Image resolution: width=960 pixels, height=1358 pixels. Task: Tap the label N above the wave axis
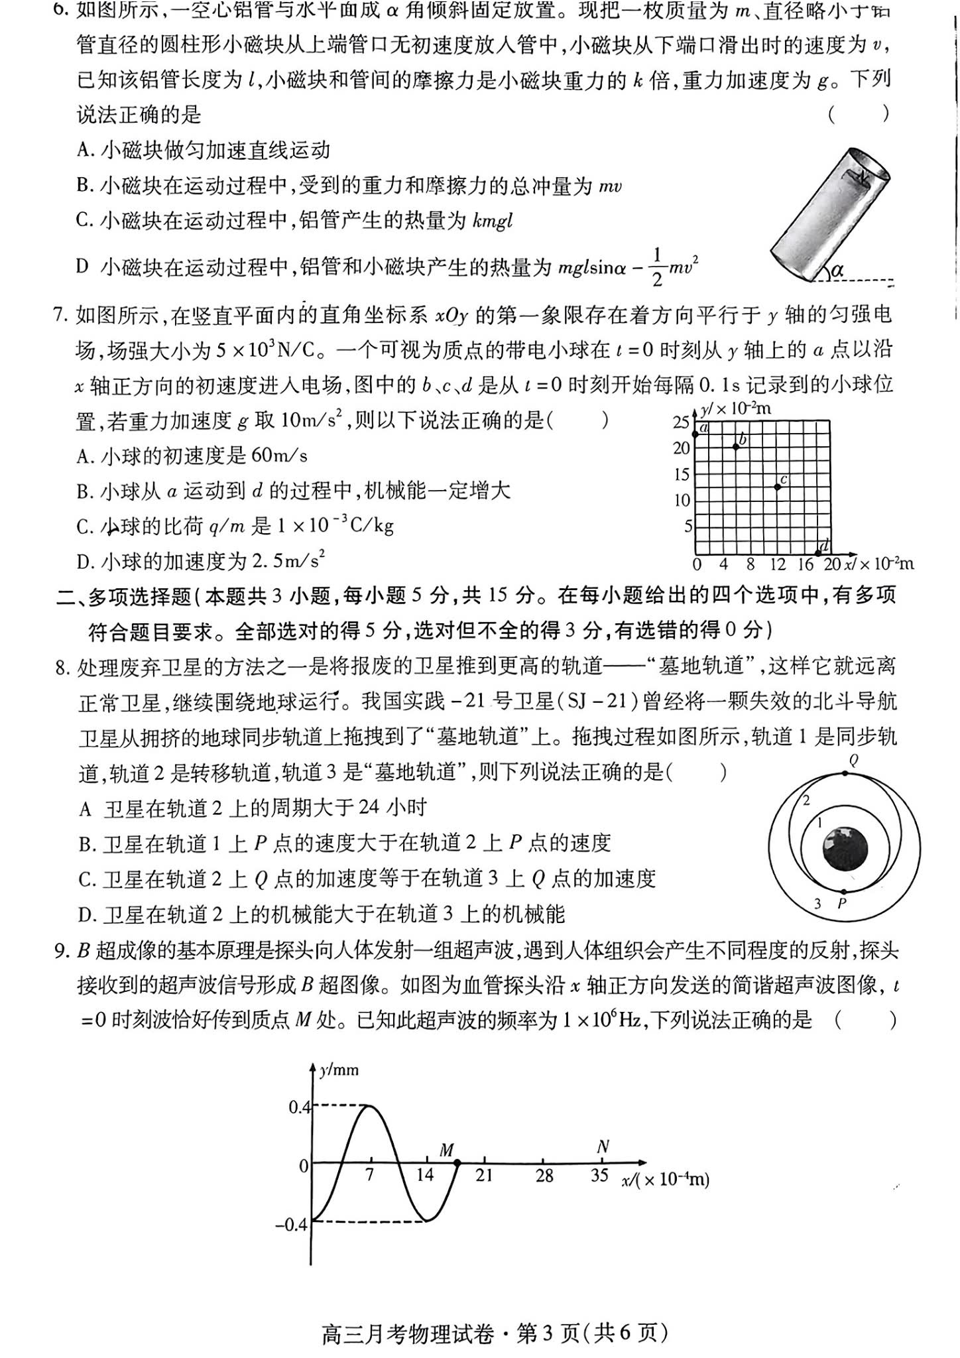tap(602, 1146)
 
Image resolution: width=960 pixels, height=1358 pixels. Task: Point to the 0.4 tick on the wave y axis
tap(299, 1107)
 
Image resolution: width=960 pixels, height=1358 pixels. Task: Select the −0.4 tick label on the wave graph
tap(292, 1224)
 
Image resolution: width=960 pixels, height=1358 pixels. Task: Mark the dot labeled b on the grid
tap(736, 447)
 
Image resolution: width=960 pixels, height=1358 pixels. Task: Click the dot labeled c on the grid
tap(778, 487)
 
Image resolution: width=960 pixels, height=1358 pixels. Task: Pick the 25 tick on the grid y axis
tap(681, 421)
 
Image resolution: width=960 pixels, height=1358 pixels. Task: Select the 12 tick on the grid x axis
tap(777, 564)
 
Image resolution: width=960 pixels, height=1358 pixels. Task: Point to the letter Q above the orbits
tap(854, 761)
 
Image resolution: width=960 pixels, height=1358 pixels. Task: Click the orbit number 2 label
tap(806, 800)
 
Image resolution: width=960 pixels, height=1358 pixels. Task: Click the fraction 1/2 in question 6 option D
tap(657, 267)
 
